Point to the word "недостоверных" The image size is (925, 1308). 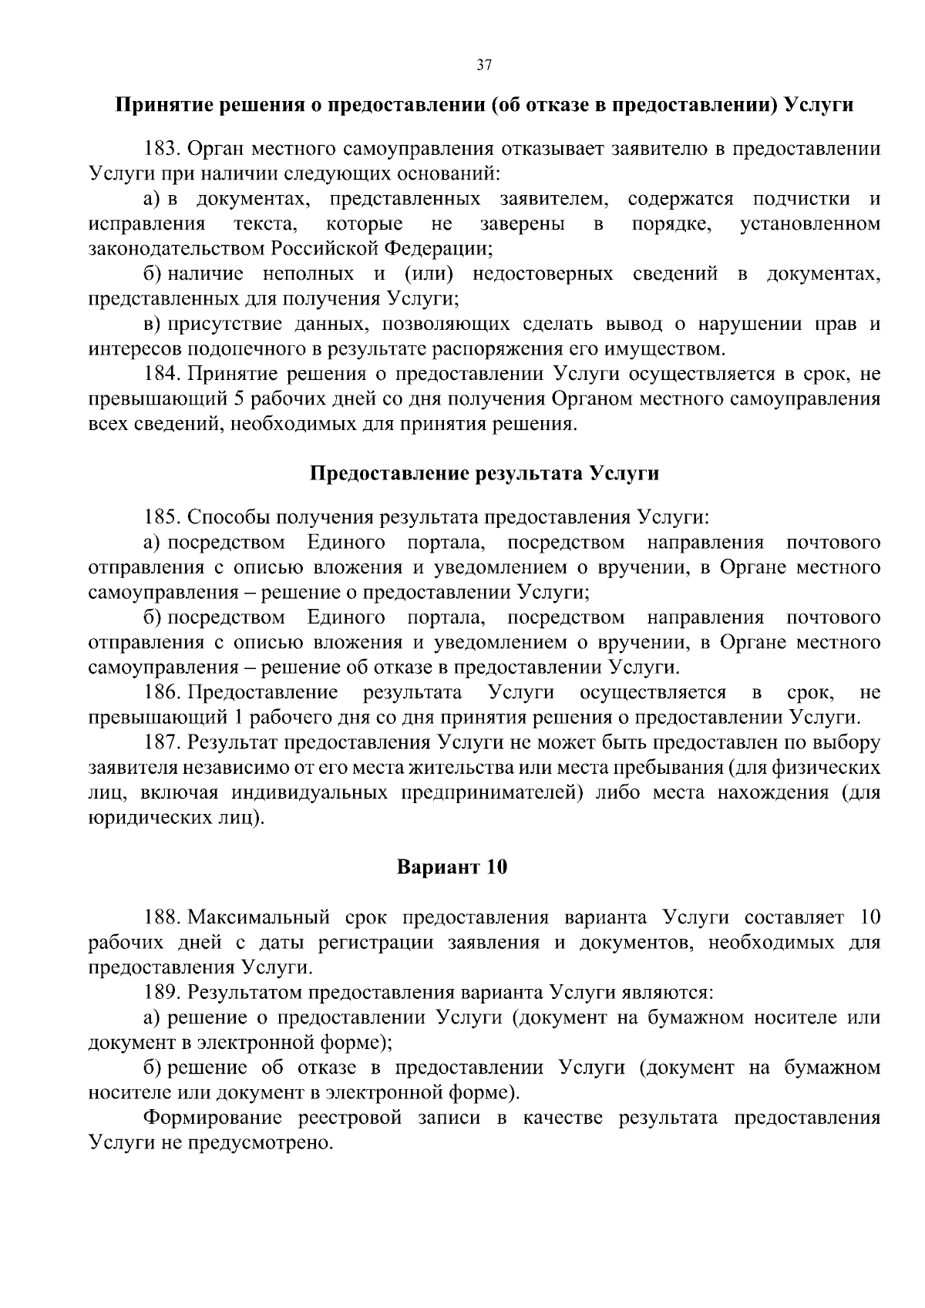543,274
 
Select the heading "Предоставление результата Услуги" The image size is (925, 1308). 484,473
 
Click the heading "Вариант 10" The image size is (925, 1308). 452,867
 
